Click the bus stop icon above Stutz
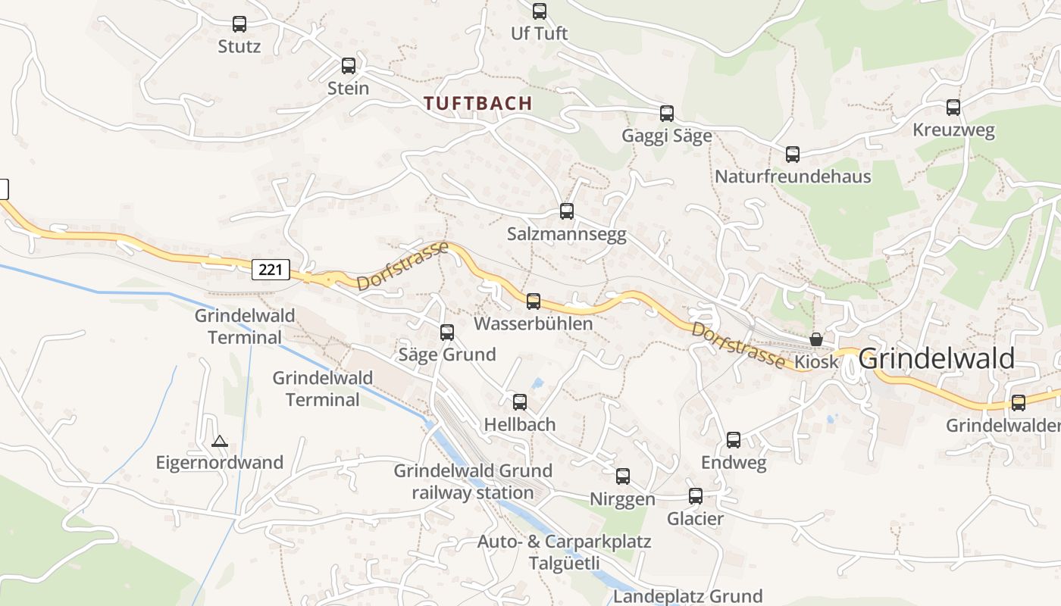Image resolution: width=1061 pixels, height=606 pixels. [239, 24]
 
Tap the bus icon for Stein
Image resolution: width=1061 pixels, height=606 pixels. [349, 66]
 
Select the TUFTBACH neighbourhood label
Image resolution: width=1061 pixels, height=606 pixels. [478, 104]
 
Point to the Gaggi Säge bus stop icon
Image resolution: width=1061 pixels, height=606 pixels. [667, 114]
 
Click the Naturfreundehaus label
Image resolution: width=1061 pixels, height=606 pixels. [793, 176]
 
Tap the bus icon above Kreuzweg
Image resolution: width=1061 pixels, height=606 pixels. [953, 108]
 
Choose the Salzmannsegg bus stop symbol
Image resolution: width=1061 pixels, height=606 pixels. [567, 211]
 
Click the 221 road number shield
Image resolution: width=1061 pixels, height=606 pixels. [271, 269]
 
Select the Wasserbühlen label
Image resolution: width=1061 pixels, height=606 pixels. [533, 323]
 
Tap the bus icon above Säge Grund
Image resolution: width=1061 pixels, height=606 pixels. [447, 332]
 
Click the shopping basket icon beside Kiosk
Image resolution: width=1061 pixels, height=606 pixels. [816, 339]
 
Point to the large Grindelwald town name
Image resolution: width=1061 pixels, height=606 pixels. [937, 359]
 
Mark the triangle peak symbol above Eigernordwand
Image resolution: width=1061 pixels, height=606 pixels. [220, 441]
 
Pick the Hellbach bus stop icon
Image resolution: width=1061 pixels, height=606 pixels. [520, 402]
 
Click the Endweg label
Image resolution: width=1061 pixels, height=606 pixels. [734, 462]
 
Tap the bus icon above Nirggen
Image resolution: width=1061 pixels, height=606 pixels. [623, 476]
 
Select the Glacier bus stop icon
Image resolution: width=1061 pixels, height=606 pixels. [696, 496]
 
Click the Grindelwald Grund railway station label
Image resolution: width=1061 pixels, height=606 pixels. [473, 482]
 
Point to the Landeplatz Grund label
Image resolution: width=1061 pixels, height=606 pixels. [687, 596]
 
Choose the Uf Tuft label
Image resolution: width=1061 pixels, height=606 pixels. [540, 33]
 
